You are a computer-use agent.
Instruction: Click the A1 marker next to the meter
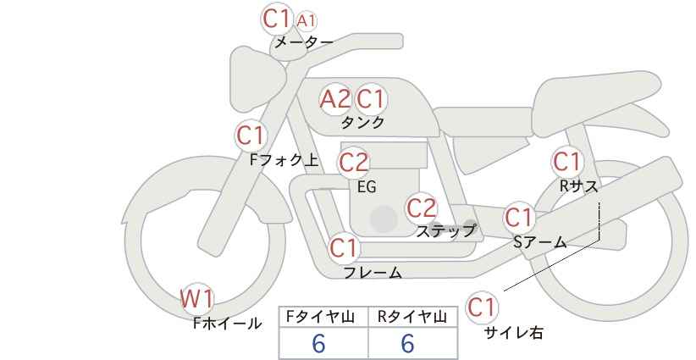[307, 20]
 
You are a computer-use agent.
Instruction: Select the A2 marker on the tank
[335, 98]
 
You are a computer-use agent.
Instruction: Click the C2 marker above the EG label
[354, 163]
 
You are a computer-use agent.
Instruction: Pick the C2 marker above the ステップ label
[422, 208]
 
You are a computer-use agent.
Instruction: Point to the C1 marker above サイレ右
[482, 307]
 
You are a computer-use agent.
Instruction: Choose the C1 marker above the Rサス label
[566, 162]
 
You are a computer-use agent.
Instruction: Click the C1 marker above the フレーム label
[344, 247]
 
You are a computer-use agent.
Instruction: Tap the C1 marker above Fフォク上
[251, 135]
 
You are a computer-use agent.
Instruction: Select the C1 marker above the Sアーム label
[519, 218]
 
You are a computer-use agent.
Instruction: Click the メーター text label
[304, 42]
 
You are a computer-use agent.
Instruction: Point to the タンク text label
[362, 122]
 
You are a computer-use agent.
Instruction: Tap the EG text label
[367, 187]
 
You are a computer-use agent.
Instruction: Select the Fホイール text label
[227, 324]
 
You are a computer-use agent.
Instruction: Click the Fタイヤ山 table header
[320, 317]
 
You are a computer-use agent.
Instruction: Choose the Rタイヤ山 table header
[412, 317]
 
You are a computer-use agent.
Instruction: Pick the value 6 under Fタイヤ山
[318, 343]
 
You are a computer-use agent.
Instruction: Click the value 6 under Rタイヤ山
[407, 343]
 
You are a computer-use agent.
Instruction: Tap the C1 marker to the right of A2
[371, 98]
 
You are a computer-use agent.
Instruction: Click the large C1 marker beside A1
[277, 19]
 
